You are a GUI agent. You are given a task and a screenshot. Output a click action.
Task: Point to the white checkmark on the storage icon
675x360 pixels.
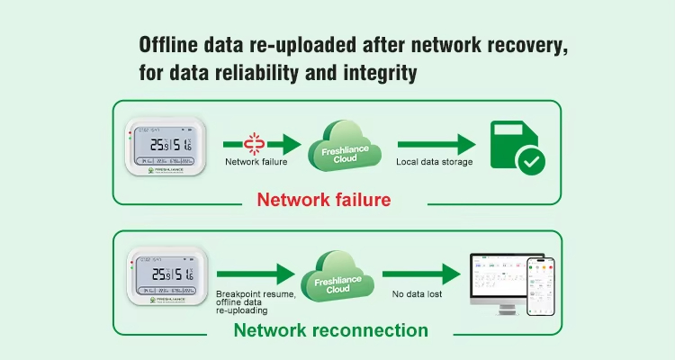coord(529,162)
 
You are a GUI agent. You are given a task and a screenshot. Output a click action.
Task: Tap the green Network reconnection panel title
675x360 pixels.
coord(330,330)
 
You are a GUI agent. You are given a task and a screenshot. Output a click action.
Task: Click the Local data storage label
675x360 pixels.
coord(435,163)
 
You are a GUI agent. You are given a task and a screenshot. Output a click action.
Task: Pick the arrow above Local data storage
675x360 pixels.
coord(436,143)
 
